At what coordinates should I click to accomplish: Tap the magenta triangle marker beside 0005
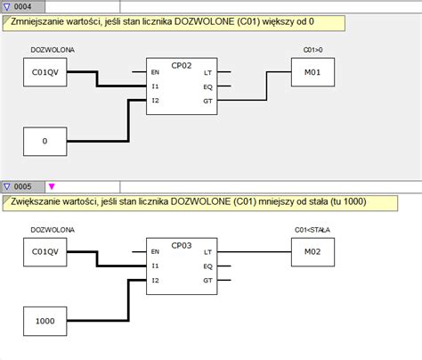click(x=51, y=186)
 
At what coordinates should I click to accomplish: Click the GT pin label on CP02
click(x=207, y=101)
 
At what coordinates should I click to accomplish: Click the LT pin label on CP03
click(x=207, y=252)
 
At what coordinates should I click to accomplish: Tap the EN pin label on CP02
click(x=156, y=72)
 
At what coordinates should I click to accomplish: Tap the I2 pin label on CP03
click(x=156, y=281)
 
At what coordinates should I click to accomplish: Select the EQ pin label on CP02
click(x=207, y=86)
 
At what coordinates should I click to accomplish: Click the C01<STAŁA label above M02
click(x=312, y=230)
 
